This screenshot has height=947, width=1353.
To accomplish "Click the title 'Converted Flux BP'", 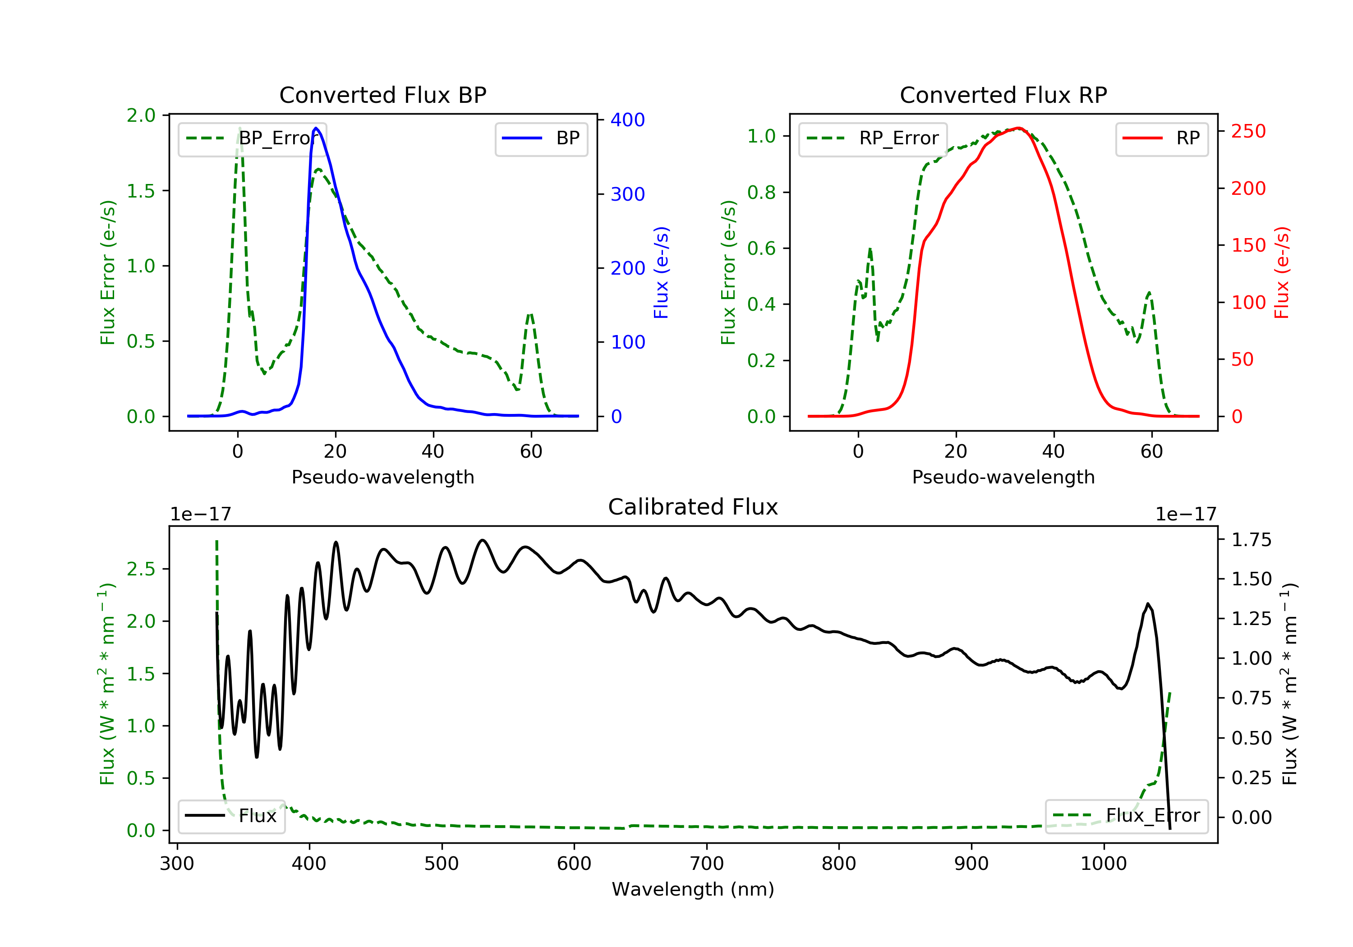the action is pos(383,95).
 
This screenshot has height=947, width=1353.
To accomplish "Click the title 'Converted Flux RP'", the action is pos(1003,95).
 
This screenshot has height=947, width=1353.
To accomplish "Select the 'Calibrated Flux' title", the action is pos(693,507).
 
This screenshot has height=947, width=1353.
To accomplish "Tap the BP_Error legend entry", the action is pos(252,138).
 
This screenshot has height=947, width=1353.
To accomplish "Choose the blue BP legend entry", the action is pos(541,138).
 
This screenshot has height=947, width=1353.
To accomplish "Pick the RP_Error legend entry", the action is pos(873,138).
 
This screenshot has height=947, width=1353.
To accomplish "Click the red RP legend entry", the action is pos(1161,138).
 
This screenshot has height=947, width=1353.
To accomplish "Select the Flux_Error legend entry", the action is pos(1126,816).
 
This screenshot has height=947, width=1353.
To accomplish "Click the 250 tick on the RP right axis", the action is pos(1248,131).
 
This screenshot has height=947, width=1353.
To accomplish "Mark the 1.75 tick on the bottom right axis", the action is pos(1252,540).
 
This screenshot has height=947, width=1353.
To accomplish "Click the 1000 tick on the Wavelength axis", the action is pos(1104,864).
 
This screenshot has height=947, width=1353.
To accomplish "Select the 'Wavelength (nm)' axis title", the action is pos(693,889).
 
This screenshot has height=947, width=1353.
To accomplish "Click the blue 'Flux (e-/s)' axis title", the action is pos(661,272).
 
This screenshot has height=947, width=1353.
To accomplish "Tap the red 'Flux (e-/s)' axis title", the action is pos(1282,272).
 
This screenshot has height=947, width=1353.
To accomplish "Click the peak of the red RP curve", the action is pos(1018,128).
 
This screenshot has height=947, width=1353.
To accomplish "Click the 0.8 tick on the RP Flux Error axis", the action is pos(762,193).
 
